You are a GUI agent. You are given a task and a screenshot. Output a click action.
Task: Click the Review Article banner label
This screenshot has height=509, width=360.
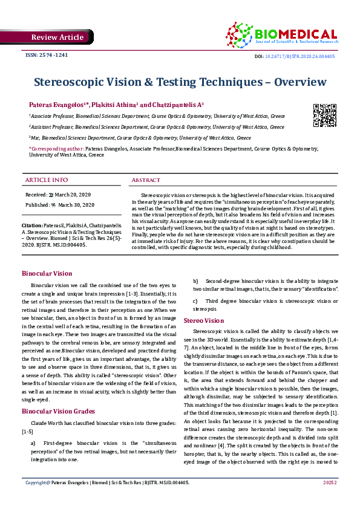tap(57, 37)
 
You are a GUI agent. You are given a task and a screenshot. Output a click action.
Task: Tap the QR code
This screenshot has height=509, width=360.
tap(324, 115)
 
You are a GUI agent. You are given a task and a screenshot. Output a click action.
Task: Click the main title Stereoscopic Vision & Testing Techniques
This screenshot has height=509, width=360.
tap(180, 81)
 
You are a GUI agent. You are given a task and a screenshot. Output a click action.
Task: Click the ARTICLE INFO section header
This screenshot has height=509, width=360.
tap(47, 180)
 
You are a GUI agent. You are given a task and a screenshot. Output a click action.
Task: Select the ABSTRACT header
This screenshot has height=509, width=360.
tap(146, 180)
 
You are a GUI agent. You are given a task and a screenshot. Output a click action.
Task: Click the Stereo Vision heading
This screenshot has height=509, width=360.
tap(204, 320)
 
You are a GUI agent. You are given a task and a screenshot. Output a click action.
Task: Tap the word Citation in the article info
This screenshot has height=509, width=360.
tap(31, 224)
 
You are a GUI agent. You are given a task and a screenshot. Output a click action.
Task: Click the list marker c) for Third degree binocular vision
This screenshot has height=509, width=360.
tap(195, 300)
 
